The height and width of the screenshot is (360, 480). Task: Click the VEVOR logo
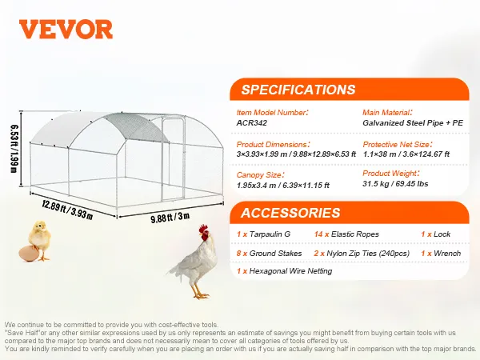point(66,30)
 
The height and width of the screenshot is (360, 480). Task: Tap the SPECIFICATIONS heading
point(298,90)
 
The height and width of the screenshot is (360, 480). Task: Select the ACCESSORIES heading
point(290,213)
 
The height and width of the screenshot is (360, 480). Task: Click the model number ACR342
point(252,123)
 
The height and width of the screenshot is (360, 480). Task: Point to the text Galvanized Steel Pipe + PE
point(413,123)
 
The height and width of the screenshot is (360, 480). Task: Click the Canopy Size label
point(260,175)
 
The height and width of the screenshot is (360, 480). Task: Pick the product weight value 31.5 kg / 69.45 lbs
point(395,184)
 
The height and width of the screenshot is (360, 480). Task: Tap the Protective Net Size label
point(398,145)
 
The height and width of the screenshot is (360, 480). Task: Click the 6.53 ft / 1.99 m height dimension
point(14,149)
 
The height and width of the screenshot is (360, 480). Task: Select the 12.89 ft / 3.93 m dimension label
point(67,210)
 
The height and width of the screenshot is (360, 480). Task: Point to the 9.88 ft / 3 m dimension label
point(170,218)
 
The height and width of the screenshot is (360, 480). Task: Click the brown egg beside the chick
point(29,253)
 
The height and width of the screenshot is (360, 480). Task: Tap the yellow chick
point(40,239)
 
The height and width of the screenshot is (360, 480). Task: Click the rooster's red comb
point(203,228)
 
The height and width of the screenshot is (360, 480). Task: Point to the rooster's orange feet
point(200,295)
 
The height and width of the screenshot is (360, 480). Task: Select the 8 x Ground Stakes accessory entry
point(269,254)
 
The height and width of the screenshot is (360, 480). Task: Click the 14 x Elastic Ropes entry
point(346,234)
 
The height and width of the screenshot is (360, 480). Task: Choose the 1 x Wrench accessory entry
point(441,254)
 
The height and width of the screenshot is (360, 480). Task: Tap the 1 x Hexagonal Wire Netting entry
point(284,271)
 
